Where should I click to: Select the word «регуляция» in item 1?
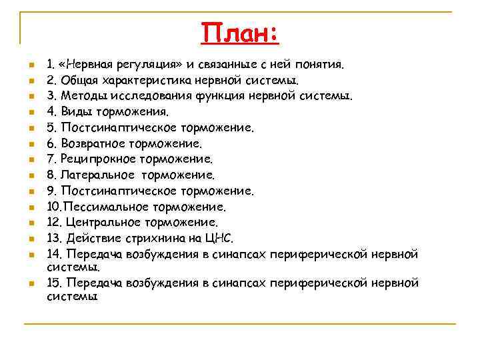pyautogui.click(x=154, y=65)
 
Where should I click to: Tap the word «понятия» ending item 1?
pyautogui.click(x=321, y=65)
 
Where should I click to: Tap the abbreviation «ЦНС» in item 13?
pyautogui.click(x=219, y=238)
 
